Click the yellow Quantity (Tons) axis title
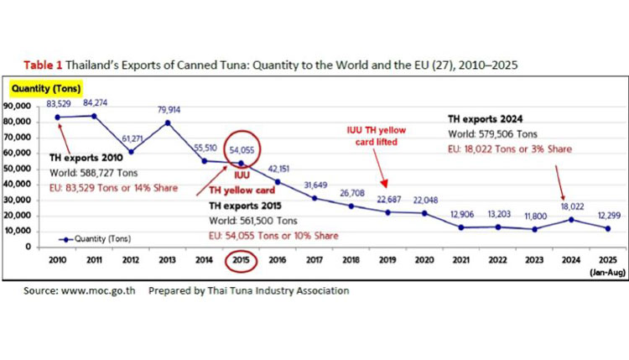39,86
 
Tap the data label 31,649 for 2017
313,185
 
